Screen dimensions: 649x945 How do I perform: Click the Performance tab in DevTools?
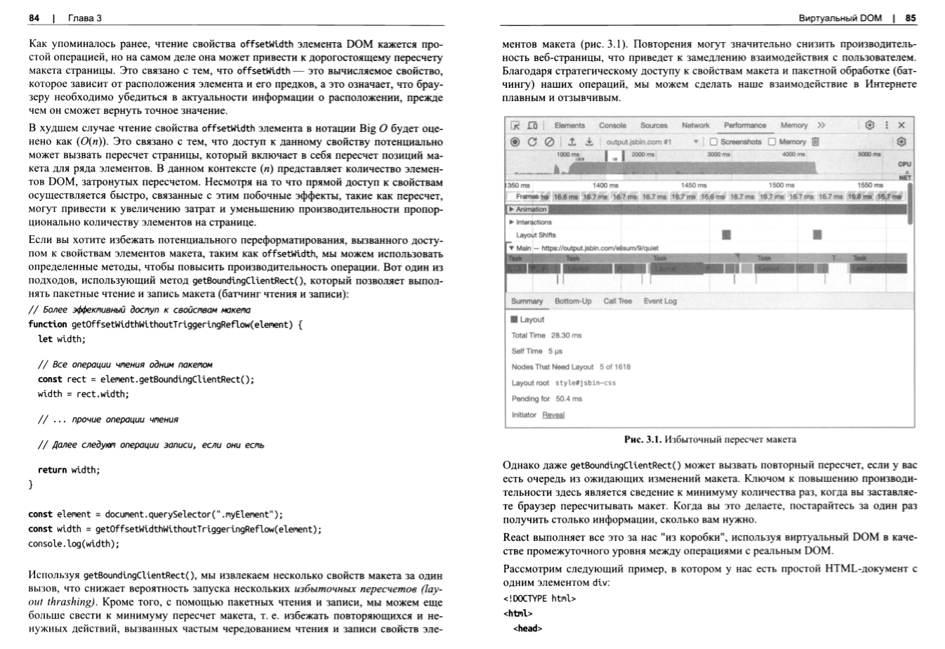(745, 125)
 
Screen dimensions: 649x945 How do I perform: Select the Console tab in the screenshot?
(612, 125)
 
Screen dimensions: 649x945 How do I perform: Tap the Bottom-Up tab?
(573, 301)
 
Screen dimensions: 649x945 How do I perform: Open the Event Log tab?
(660, 301)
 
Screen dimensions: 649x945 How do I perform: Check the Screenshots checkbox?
(714, 141)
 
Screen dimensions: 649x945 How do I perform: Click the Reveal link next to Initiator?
(553, 415)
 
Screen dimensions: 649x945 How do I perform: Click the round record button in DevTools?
(515, 141)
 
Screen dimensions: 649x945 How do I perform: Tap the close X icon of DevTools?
(902, 125)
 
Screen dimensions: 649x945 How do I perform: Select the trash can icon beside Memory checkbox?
(815, 141)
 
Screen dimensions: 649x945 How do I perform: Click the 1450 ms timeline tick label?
(694, 185)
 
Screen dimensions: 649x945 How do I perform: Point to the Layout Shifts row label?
(536, 235)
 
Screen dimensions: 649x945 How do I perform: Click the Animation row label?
(531, 209)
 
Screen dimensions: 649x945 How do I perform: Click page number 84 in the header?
(34, 18)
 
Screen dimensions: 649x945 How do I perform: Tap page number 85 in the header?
(911, 18)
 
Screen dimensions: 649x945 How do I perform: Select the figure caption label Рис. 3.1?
(642, 440)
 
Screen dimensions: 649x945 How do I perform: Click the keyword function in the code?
(48, 324)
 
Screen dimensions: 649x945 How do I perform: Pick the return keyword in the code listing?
(53, 470)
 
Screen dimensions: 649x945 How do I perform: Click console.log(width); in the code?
(74, 544)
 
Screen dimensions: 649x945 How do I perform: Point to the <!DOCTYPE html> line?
(539, 598)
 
